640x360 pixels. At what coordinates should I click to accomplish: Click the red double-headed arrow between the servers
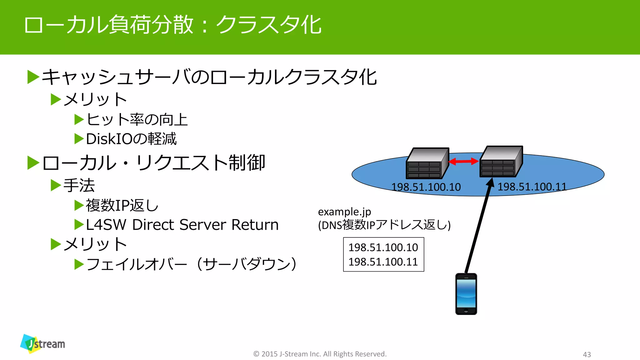pos(463,161)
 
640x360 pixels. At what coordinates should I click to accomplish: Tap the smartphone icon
pos(466,294)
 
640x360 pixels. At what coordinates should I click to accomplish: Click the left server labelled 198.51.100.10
pos(427,163)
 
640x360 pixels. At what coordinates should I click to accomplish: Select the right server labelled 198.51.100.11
pos(501,162)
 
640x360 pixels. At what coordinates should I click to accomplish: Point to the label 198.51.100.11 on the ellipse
pos(532,187)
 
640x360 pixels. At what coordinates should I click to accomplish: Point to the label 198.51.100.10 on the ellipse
pos(426,187)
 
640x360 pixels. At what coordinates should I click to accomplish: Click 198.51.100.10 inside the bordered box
pos(383,247)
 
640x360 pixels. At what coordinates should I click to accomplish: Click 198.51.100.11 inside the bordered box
pos(383,262)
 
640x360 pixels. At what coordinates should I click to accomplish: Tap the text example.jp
pos(344,212)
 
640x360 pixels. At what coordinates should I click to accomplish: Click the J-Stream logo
pos(43,344)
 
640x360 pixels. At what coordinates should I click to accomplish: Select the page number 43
pos(587,354)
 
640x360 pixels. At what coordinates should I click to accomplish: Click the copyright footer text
pos(320,354)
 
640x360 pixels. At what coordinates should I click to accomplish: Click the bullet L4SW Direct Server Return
pos(182,225)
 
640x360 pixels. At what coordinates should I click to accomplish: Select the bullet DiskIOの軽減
pos(131,139)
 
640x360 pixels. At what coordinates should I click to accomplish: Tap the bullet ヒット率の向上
pos(137,120)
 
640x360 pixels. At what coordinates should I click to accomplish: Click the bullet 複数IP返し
pos(122,205)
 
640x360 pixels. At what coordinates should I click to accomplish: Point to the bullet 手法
pos(79,185)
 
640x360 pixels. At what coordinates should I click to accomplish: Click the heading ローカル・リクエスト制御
pos(153,163)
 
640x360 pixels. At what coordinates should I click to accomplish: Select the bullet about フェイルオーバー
pos(191,264)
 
